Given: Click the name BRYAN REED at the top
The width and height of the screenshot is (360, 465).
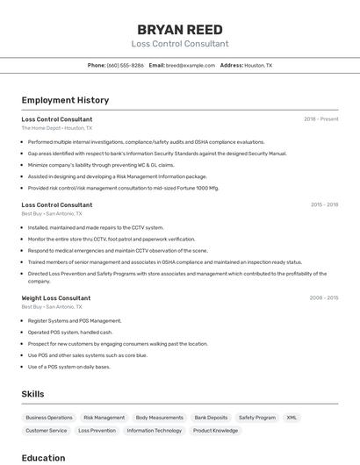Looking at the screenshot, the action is (180, 29).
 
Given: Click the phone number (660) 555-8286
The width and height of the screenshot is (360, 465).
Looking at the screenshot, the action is (126, 66).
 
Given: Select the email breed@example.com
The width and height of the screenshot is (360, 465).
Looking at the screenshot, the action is (191, 66).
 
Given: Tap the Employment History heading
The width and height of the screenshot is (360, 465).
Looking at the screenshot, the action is (65, 101).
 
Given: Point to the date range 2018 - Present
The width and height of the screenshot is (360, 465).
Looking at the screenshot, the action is (321, 119).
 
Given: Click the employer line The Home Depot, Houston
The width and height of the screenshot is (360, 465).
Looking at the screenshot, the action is (56, 128).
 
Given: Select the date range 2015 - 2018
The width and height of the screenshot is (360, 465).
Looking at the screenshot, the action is (324, 204).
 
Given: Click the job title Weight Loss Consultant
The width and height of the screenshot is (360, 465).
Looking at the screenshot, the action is (56, 298).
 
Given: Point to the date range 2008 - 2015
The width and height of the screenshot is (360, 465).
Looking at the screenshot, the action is (324, 298).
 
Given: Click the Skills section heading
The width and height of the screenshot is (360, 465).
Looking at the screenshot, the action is (32, 394).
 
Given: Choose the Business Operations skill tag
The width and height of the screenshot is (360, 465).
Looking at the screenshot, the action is (49, 418).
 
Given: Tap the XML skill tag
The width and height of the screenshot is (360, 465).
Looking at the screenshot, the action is (292, 418).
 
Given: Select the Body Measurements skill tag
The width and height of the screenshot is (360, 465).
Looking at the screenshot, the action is (160, 418).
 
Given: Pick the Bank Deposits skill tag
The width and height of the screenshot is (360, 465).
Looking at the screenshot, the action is (211, 418).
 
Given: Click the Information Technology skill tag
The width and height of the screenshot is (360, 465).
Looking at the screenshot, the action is (155, 431).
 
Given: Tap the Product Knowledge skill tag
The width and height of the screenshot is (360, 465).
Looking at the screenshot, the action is (215, 431).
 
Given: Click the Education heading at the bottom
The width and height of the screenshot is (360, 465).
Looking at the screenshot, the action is (43, 458).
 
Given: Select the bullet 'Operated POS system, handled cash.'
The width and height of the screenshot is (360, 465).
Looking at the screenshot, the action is (70, 333).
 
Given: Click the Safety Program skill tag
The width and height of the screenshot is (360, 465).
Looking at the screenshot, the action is (257, 418).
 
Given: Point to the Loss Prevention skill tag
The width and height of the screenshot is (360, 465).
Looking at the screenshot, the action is (97, 431).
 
